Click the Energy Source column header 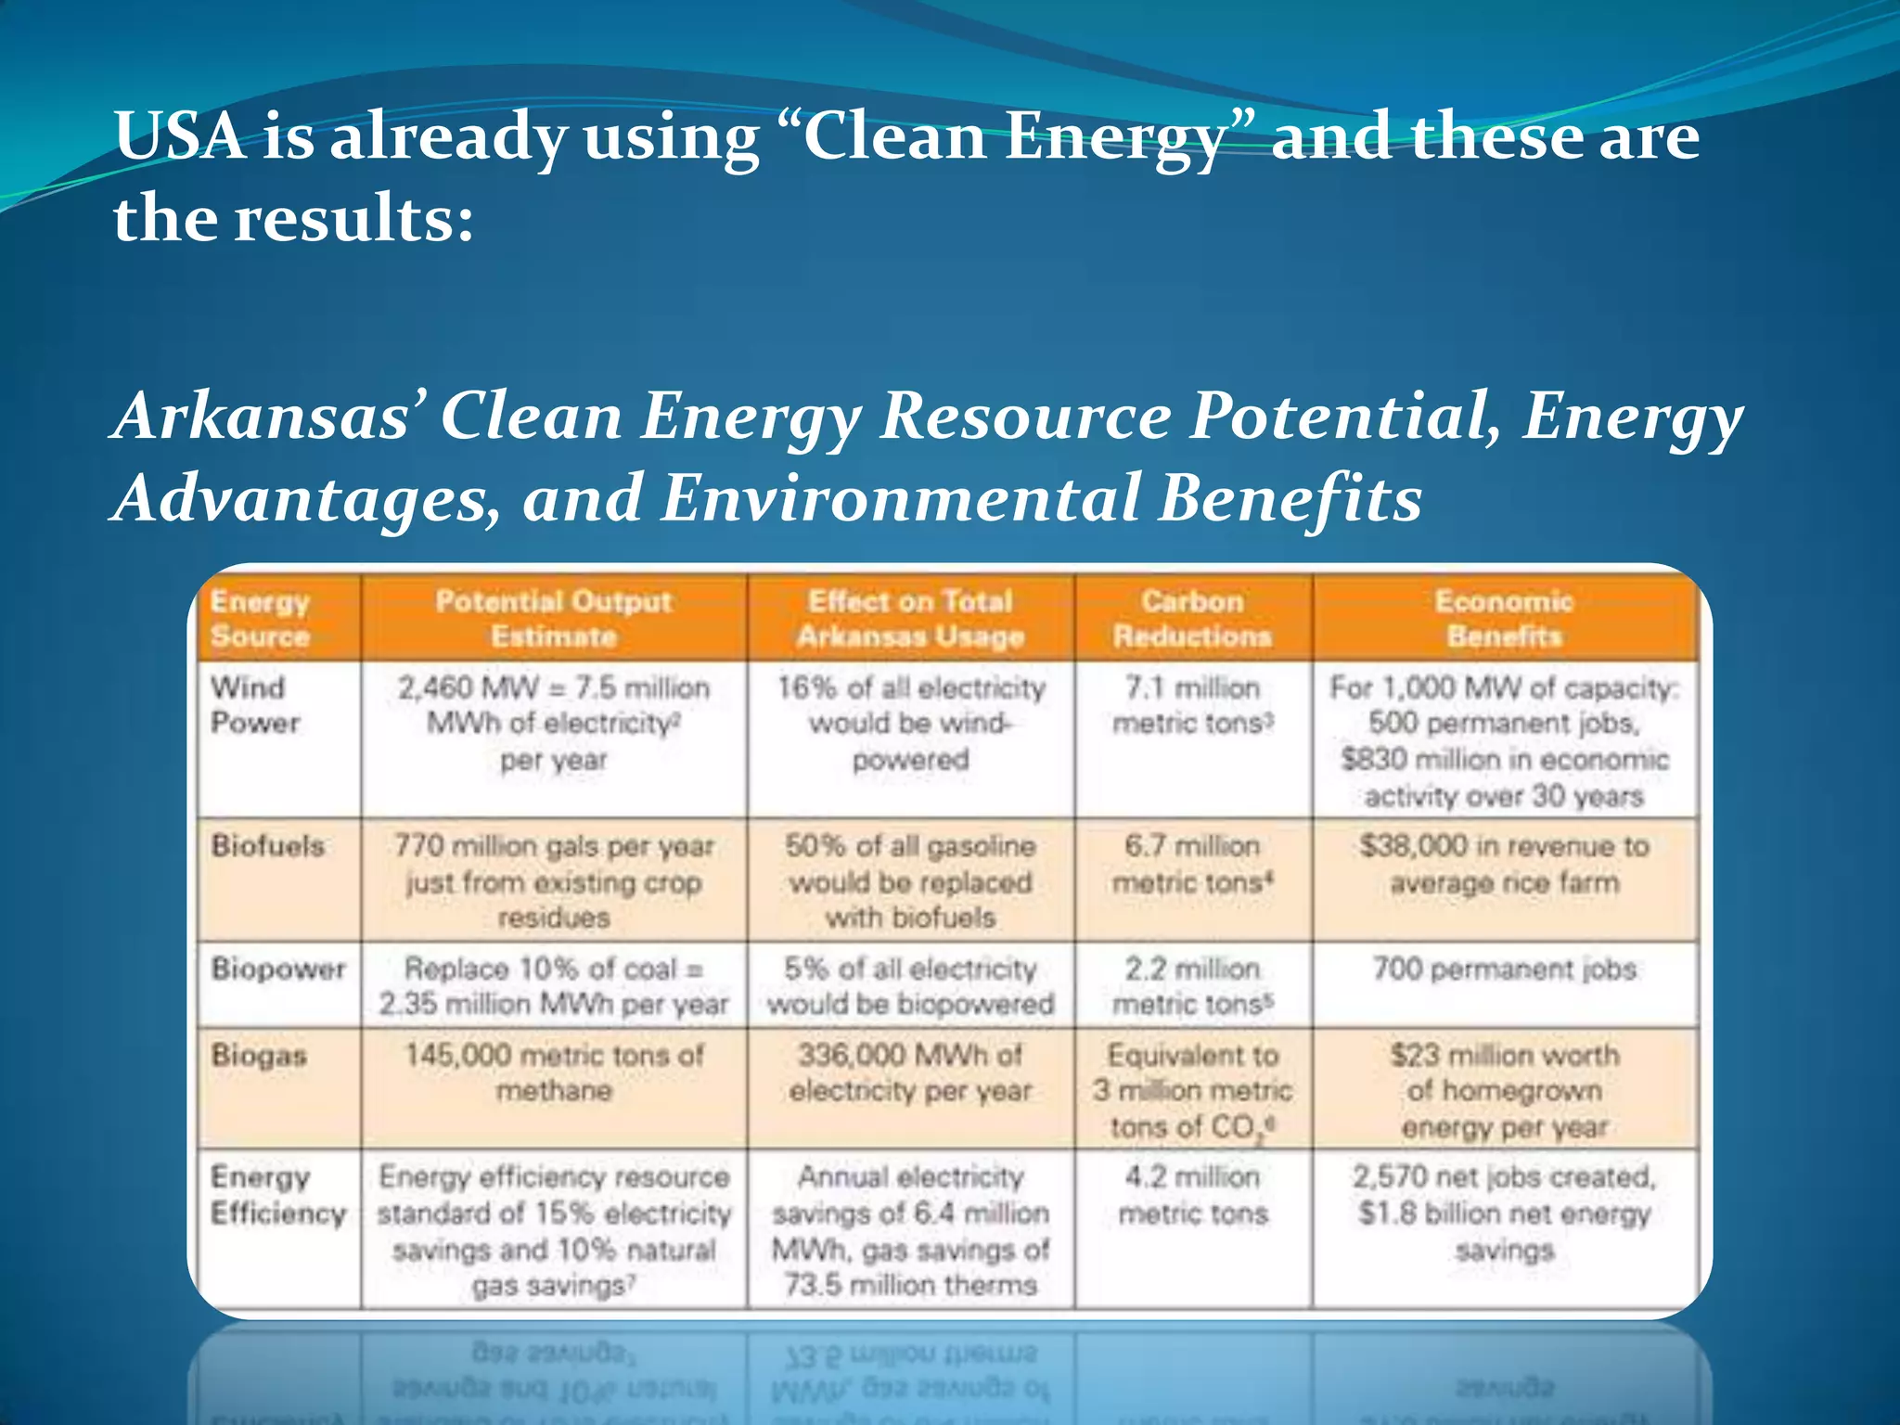tap(260, 619)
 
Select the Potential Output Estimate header tap(553, 619)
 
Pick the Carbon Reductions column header tap(1192, 619)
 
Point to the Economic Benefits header tap(1504, 619)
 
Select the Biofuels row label tap(268, 846)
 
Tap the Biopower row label tap(277, 969)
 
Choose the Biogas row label tap(259, 1055)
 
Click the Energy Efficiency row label tap(277, 1195)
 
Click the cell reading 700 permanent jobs tap(1504, 969)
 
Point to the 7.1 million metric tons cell tap(1192, 705)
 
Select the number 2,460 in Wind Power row tap(434, 688)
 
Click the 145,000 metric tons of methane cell tap(554, 1072)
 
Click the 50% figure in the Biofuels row tap(815, 846)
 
